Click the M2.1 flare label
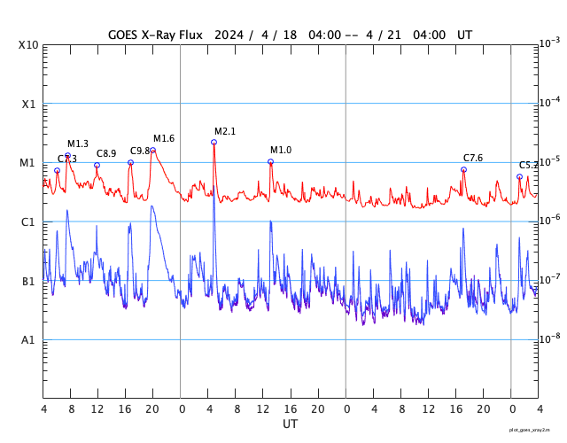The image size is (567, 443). [x=225, y=131]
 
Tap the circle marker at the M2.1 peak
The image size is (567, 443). [x=214, y=142]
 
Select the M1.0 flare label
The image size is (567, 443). [x=281, y=150]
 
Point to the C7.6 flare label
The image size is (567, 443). [x=473, y=158]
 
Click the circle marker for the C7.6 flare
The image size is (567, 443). [x=463, y=169]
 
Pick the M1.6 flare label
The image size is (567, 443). [x=164, y=138]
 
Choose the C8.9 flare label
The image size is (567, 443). [x=106, y=153]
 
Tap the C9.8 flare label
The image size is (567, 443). [x=140, y=151]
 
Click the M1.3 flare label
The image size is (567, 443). [x=78, y=144]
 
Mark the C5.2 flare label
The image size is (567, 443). [x=528, y=165]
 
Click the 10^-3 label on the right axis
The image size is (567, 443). [x=549, y=43]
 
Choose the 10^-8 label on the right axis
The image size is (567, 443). [x=549, y=338]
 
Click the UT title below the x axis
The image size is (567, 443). [x=290, y=424]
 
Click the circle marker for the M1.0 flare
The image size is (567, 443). [x=271, y=161]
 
